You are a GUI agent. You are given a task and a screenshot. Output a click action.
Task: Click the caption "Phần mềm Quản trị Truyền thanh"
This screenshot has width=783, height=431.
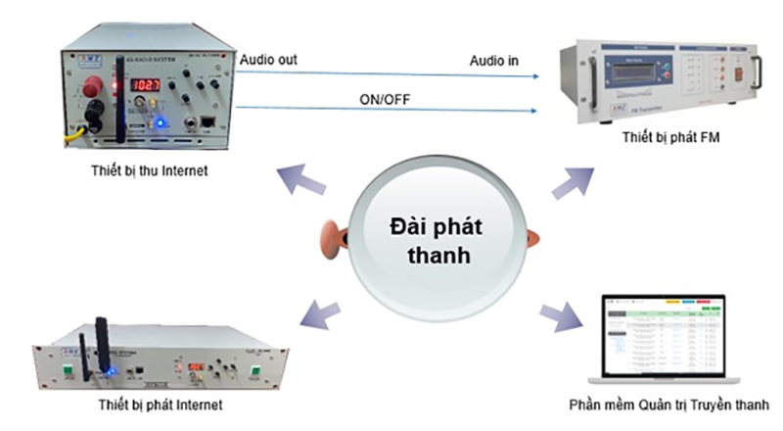(x=668, y=405)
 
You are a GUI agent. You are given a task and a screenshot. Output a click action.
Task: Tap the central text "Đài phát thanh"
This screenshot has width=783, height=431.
(x=431, y=241)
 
